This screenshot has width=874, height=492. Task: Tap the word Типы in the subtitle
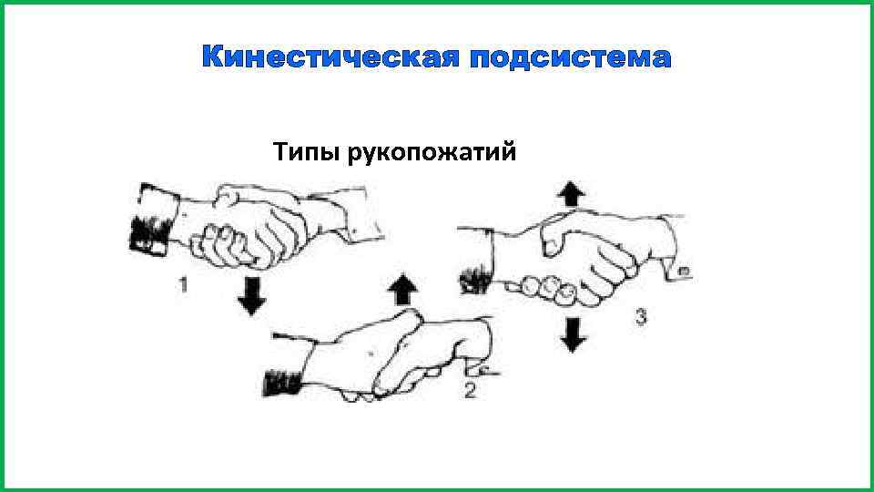304,151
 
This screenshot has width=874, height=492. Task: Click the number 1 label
184,286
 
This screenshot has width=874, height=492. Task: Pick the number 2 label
470,392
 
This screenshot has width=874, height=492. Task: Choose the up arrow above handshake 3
571,194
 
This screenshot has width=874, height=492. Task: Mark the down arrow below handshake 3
572,334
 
